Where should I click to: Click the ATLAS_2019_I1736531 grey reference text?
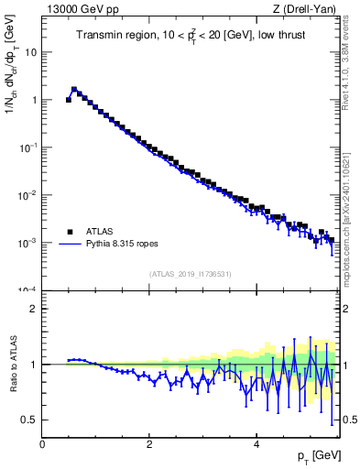tap(191, 274)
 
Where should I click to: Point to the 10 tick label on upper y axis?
tap(30, 52)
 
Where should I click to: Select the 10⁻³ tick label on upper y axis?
tap(27, 243)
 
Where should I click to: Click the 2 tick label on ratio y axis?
tap(33, 309)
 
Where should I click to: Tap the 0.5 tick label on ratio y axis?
tap(28, 420)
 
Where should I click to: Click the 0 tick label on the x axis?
tap(42, 444)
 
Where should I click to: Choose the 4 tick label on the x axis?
tap(256, 444)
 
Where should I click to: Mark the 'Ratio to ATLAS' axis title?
tap(12, 364)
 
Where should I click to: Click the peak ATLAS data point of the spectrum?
tap(74, 90)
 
